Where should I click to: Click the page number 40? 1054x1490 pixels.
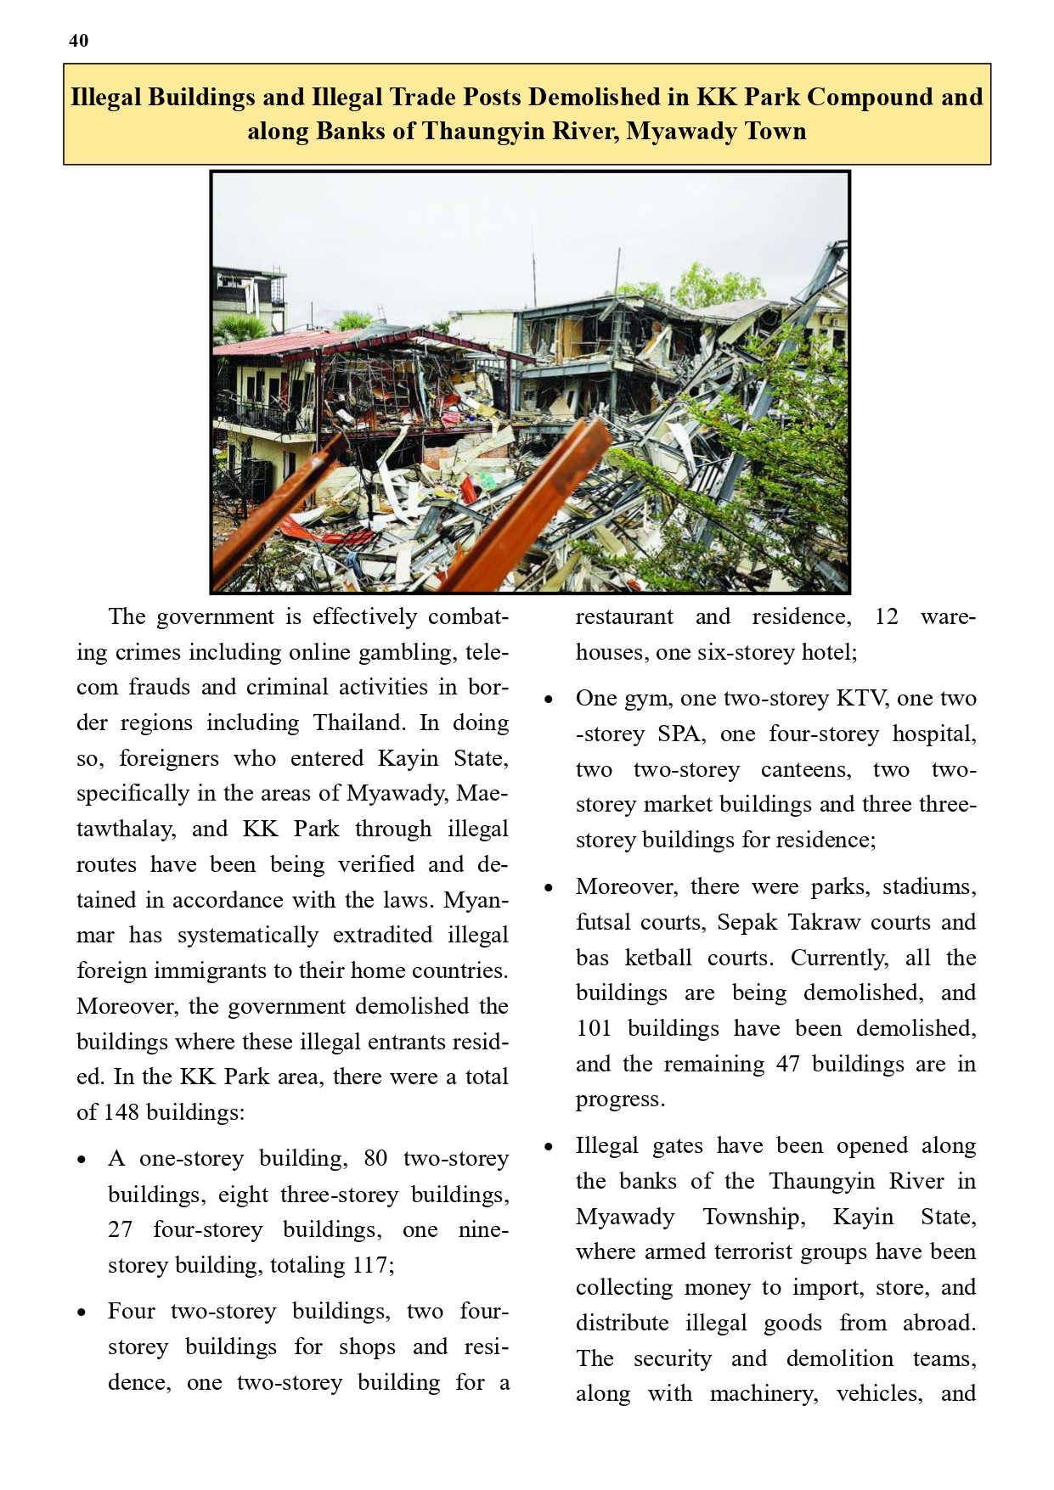(x=78, y=41)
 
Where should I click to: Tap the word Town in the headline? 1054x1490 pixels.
(x=775, y=131)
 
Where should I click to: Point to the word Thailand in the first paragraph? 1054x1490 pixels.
(x=360, y=723)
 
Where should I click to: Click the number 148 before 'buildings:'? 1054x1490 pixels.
(x=121, y=1112)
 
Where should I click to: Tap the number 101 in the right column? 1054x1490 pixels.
(x=594, y=1028)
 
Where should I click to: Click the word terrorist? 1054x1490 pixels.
(x=748, y=1251)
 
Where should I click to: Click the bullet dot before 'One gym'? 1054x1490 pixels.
(x=549, y=700)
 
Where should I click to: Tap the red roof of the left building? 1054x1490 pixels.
(x=280, y=344)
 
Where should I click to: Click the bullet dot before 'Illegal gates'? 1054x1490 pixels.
(x=549, y=1147)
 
